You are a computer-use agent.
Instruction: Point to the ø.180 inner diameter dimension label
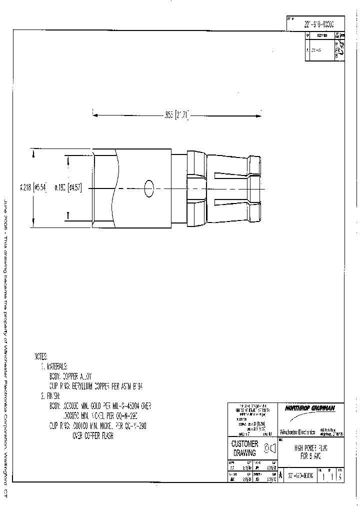coord(68,188)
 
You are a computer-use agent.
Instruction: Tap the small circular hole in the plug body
coord(148,188)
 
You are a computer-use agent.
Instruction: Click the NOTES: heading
coord(41,356)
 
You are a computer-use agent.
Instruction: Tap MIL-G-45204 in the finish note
coord(128,405)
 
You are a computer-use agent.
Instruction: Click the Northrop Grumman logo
coord(309,408)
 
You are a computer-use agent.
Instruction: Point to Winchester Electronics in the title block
coord(297,431)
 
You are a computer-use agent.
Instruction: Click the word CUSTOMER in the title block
coord(245,444)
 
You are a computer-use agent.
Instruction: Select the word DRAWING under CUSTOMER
coord(245,452)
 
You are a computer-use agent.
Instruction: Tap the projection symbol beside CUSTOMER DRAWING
coord(270,448)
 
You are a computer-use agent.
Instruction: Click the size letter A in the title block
coord(280,476)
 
